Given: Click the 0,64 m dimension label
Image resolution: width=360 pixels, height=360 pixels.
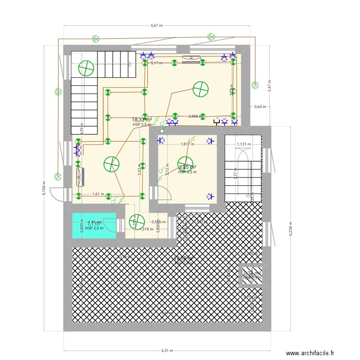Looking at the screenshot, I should pyautogui.click(x=259, y=107).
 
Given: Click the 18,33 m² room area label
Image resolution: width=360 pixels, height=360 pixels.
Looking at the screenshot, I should pyautogui.click(x=142, y=120).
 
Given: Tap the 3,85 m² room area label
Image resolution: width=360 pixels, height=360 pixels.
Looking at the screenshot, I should pyautogui.click(x=187, y=168).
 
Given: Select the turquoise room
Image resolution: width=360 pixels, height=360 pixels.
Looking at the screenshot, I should pyautogui.click(x=95, y=225).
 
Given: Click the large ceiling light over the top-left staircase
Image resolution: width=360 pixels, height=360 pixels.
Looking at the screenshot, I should pyautogui.click(x=86, y=69).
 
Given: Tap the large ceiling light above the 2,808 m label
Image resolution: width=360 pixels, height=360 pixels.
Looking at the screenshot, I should pyautogui.click(x=200, y=89).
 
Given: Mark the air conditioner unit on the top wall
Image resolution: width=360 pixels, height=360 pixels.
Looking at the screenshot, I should pyautogui.click(x=192, y=59).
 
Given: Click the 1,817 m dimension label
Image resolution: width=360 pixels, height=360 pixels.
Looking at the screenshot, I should pyautogui.click(x=187, y=144).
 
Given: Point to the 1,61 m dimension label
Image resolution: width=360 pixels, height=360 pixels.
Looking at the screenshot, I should pyautogui.click(x=98, y=194).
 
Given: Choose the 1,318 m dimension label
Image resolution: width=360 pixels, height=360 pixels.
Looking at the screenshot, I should pyautogui.click(x=146, y=229).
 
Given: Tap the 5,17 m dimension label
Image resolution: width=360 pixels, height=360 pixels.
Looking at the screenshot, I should pyautogui.click(x=156, y=63).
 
